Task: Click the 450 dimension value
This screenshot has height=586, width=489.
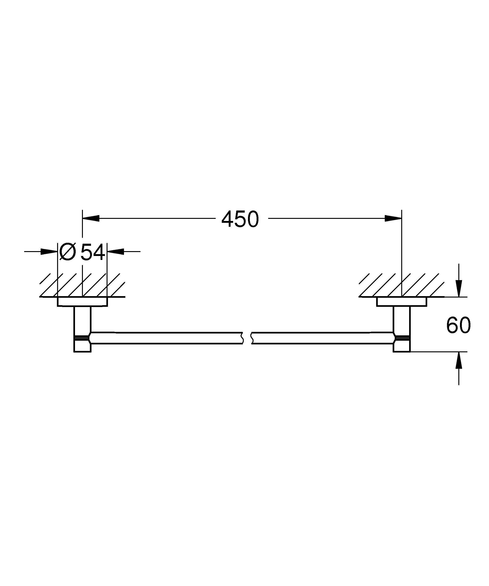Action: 240,219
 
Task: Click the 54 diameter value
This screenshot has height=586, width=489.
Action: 93,252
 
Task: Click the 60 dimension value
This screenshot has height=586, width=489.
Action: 458,325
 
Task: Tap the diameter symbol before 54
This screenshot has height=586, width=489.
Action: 68,252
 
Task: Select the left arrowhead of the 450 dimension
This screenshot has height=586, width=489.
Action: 91,218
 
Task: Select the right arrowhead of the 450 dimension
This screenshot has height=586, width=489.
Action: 393,218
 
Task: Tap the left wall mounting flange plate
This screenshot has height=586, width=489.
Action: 82,302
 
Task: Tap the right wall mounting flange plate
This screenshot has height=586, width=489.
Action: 401,302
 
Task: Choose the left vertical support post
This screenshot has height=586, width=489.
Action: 82,320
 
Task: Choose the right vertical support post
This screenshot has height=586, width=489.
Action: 402,320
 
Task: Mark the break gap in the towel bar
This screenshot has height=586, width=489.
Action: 247,338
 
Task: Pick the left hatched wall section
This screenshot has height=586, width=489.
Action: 82,285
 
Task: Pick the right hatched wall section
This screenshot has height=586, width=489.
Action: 401,285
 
